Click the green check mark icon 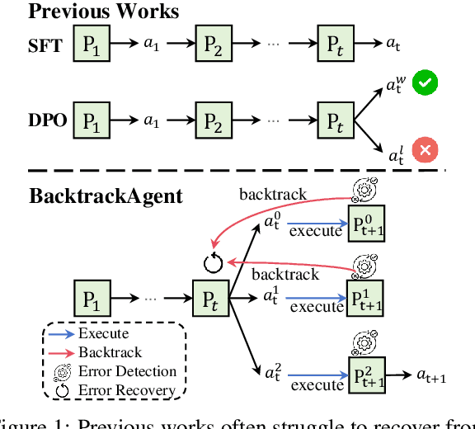pos(425,83)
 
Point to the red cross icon pos(425,150)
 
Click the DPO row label pos(47,120)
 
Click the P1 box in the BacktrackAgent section pos(92,296)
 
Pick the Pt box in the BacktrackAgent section pos(209,296)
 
